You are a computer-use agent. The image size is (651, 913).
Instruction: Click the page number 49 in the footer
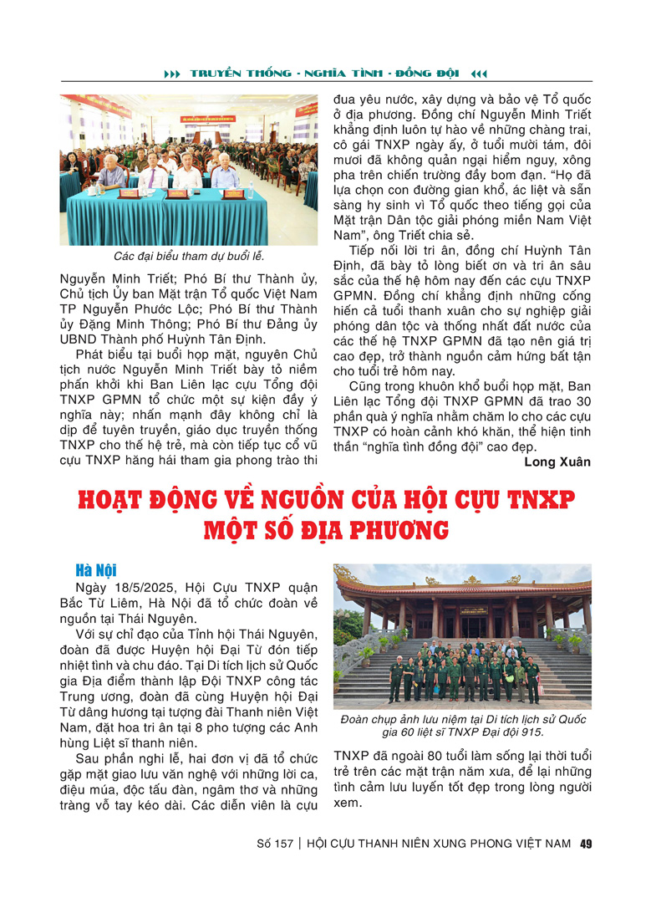[586, 844]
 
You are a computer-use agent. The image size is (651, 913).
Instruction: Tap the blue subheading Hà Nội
[94, 570]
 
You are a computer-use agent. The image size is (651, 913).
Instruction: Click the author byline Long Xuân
[557, 462]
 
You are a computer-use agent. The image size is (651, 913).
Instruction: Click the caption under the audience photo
[188, 256]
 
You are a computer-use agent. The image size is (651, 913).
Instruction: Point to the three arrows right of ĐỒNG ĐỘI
[479, 74]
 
